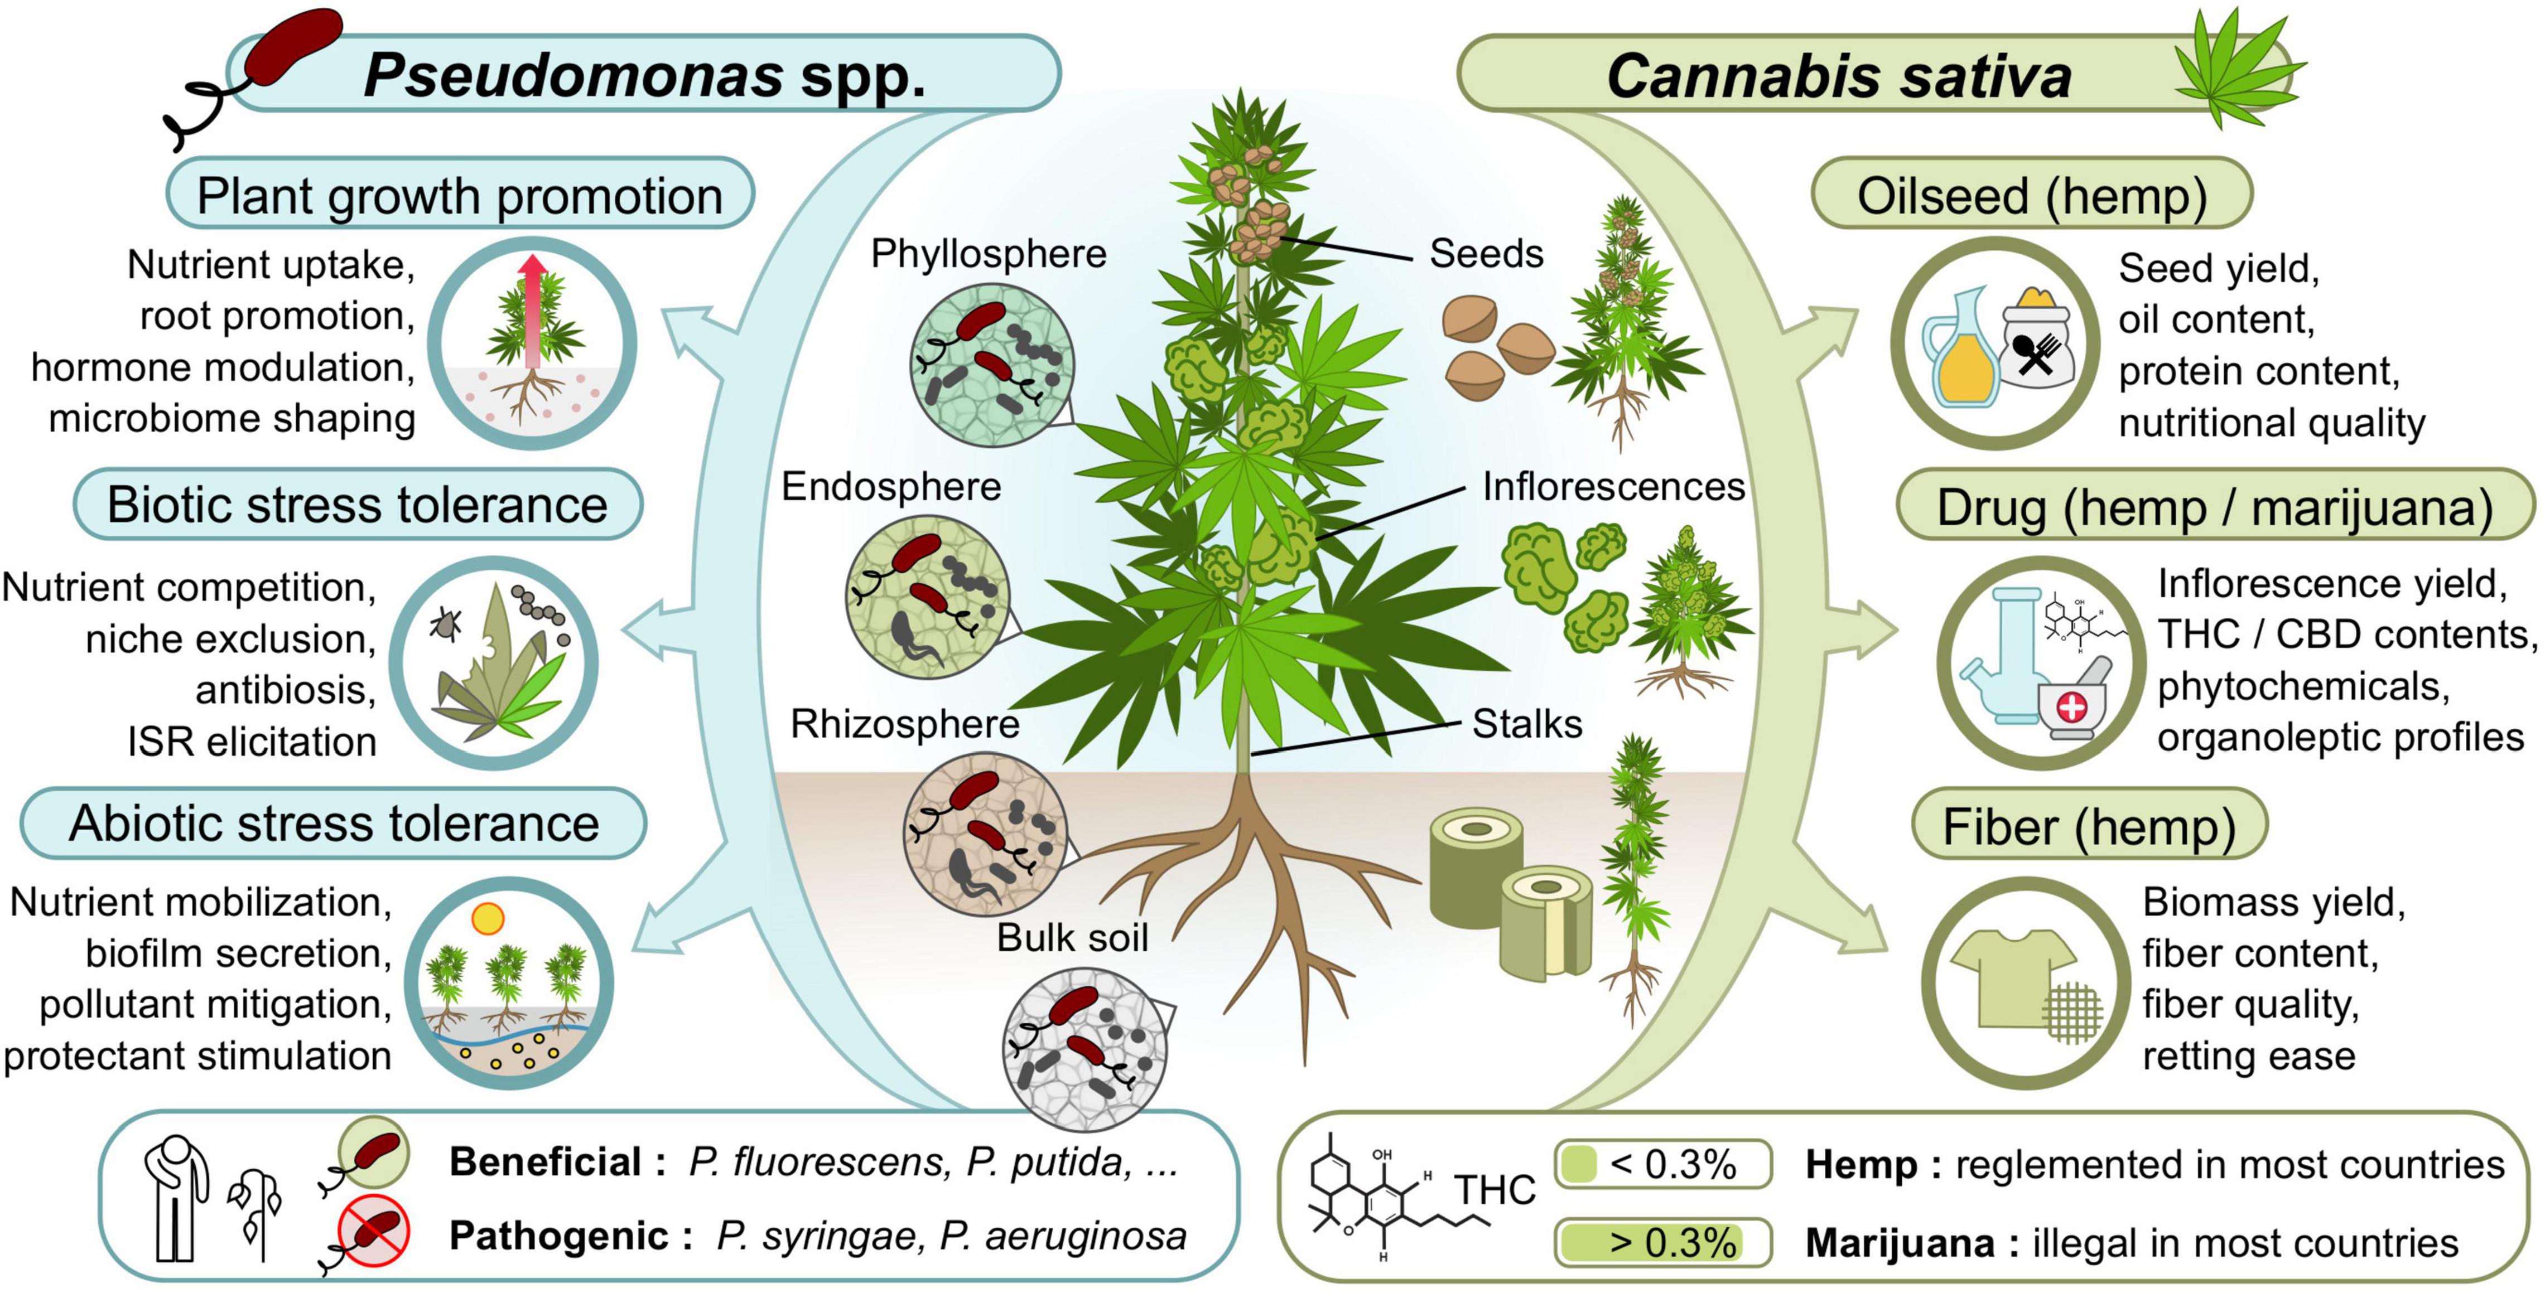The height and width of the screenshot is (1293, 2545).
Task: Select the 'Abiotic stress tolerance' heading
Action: (x=334, y=824)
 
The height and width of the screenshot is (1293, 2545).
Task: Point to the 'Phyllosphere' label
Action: (x=988, y=254)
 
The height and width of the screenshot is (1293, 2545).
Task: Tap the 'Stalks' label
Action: (x=1526, y=724)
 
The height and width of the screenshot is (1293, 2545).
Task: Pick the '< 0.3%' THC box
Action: (x=1663, y=1165)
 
